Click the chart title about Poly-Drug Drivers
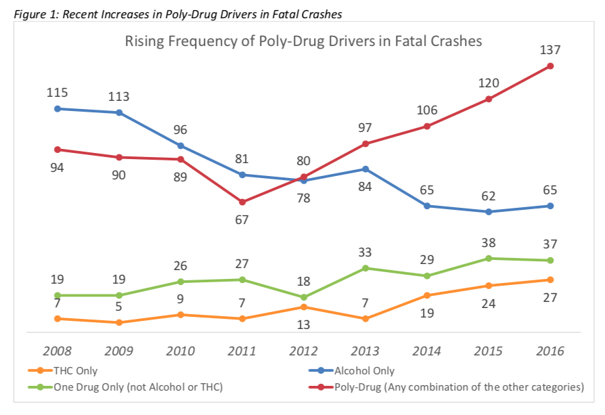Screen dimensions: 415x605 [x=303, y=41]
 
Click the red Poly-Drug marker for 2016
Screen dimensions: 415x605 [x=550, y=66]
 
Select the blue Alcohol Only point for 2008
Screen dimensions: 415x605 [x=58, y=108]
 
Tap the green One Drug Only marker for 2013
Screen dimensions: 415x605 [x=365, y=268]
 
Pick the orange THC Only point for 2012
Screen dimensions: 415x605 [x=304, y=307]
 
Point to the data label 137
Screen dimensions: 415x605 [x=550, y=50]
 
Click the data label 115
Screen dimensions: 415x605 [x=58, y=93]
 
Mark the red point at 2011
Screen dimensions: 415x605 [x=242, y=202]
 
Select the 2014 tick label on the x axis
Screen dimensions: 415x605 [x=427, y=351]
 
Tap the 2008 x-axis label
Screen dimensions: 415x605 [x=58, y=351]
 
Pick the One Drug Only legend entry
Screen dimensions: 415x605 [x=125, y=387]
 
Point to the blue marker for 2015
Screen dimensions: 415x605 [x=489, y=212]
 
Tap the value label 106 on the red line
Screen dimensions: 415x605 [x=427, y=111]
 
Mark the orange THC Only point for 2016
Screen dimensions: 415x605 [x=550, y=280]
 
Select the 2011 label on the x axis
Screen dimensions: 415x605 [x=242, y=351]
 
